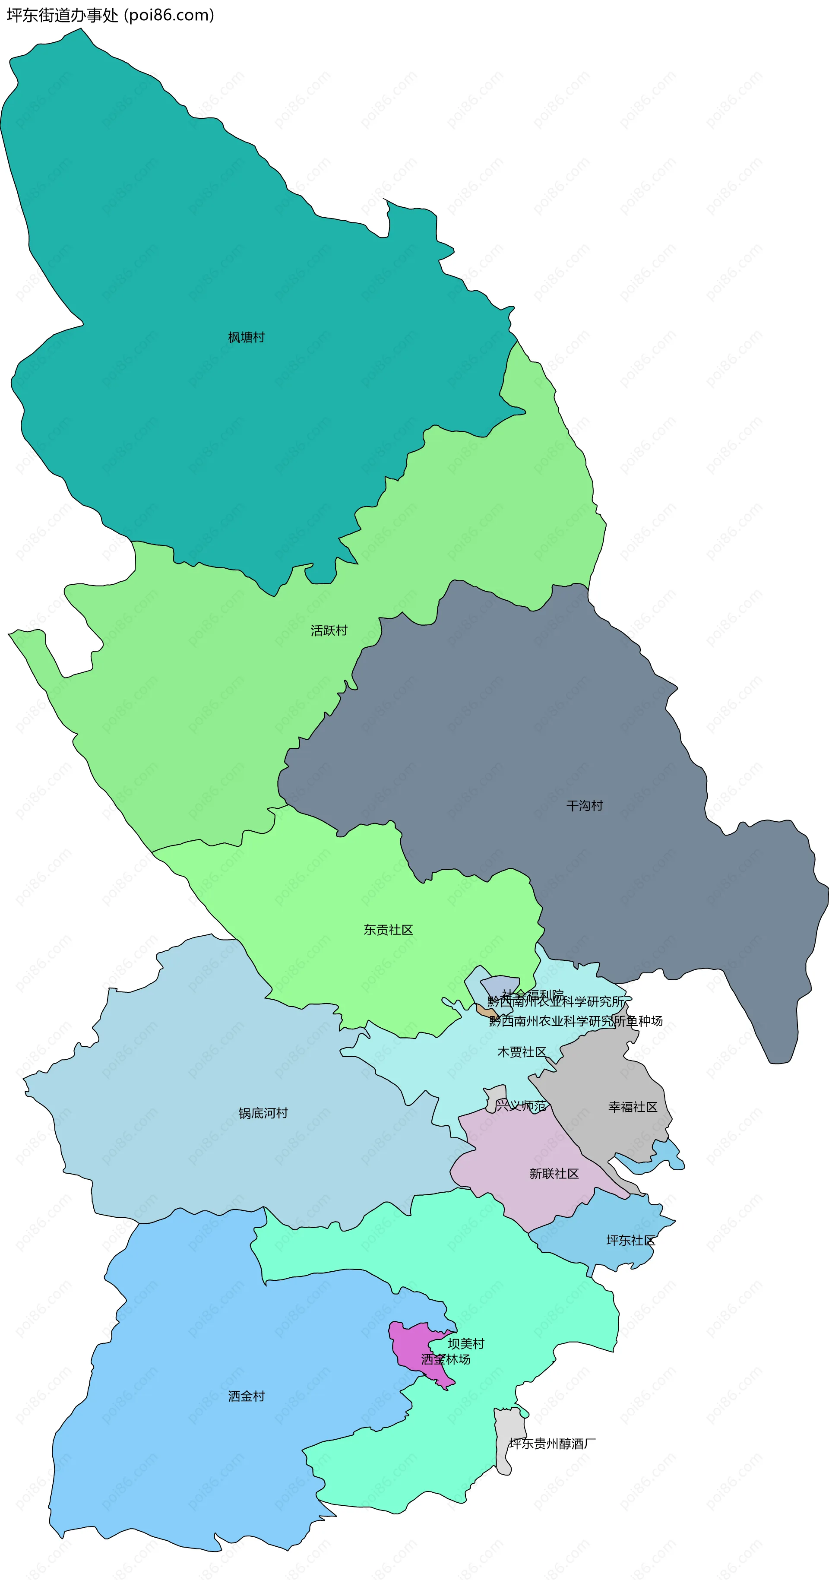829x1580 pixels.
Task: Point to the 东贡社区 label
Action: [x=388, y=930]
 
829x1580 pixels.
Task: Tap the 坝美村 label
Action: [x=466, y=1344]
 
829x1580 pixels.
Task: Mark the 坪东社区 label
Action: [x=630, y=1240]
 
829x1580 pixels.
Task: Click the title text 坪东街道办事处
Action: [x=62, y=15]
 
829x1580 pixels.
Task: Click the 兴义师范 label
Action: [x=521, y=1106]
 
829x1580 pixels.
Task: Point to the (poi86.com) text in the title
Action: [x=169, y=15]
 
